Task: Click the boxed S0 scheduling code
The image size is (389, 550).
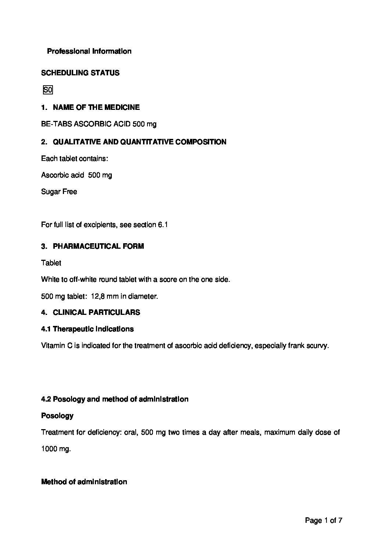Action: point(48,90)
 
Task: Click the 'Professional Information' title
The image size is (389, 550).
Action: point(89,51)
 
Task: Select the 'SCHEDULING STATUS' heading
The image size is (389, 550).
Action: point(80,73)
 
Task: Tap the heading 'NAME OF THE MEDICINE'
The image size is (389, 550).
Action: point(96,107)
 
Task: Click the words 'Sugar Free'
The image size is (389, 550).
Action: point(59,191)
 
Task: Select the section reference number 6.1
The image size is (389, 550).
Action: point(163,224)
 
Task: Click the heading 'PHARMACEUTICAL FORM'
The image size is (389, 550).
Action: point(99,246)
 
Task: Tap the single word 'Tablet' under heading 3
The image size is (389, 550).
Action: point(51,263)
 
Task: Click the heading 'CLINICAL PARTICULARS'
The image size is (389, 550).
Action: point(96,312)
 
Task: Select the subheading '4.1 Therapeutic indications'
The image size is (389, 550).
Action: point(88,329)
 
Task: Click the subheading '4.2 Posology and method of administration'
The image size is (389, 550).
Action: point(115,399)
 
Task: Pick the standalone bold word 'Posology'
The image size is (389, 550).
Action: point(57,416)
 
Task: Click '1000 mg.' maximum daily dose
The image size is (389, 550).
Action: point(56,449)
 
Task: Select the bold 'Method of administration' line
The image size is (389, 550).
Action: point(84,482)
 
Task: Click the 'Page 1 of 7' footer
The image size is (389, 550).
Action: point(324,520)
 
